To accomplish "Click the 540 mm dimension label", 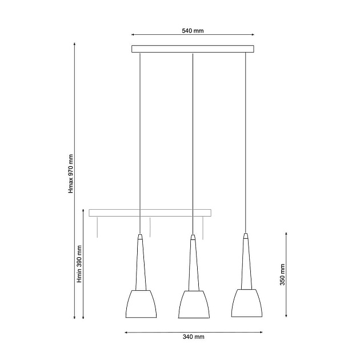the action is click(x=193, y=31).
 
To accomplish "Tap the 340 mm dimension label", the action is click(x=193, y=337).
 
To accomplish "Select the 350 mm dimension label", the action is click(x=282, y=275).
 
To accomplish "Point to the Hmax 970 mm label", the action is click(x=71, y=174).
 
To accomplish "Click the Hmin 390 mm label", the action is click(x=79, y=264).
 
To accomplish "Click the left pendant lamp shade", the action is click(x=141, y=304).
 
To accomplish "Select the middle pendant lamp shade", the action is click(x=194, y=305).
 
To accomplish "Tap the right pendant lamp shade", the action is click(x=247, y=303).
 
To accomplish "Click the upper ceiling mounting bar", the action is click(x=193, y=49).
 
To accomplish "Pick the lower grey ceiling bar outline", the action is click(x=150, y=213).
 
